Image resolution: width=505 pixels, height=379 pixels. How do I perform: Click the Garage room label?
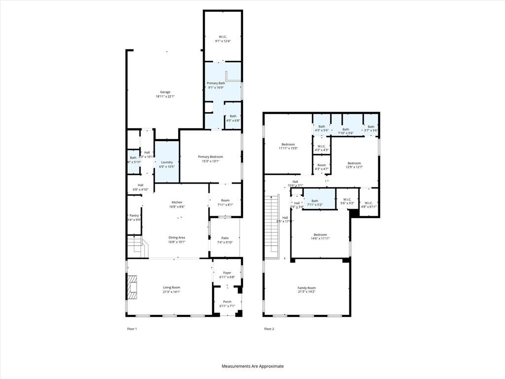tap(165, 92)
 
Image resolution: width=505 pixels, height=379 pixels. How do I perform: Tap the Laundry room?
tap(167, 162)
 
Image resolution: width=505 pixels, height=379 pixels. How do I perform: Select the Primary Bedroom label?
tap(211, 156)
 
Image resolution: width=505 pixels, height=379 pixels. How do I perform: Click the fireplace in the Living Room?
tap(133, 287)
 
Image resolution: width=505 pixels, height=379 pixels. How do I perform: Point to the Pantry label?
tap(134, 215)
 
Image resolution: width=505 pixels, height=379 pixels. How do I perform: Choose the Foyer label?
tap(227, 272)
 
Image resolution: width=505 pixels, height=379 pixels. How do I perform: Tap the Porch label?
tap(227, 302)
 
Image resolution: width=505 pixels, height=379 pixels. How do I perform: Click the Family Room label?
tap(306, 288)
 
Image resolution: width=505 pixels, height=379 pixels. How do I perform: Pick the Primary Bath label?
tap(216, 83)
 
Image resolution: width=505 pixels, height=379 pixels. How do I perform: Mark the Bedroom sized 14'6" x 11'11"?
tap(320, 236)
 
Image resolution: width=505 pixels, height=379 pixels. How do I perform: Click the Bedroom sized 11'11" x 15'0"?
tap(288, 146)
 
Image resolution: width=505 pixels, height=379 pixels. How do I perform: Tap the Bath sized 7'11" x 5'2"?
tap(315, 202)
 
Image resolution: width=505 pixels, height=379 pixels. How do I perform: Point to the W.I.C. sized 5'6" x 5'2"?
tap(347, 202)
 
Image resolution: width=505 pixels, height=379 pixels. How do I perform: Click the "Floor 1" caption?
tap(132, 329)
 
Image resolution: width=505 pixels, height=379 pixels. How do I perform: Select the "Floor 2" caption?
tap(269, 329)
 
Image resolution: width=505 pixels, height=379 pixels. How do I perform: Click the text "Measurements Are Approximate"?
tap(252, 366)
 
